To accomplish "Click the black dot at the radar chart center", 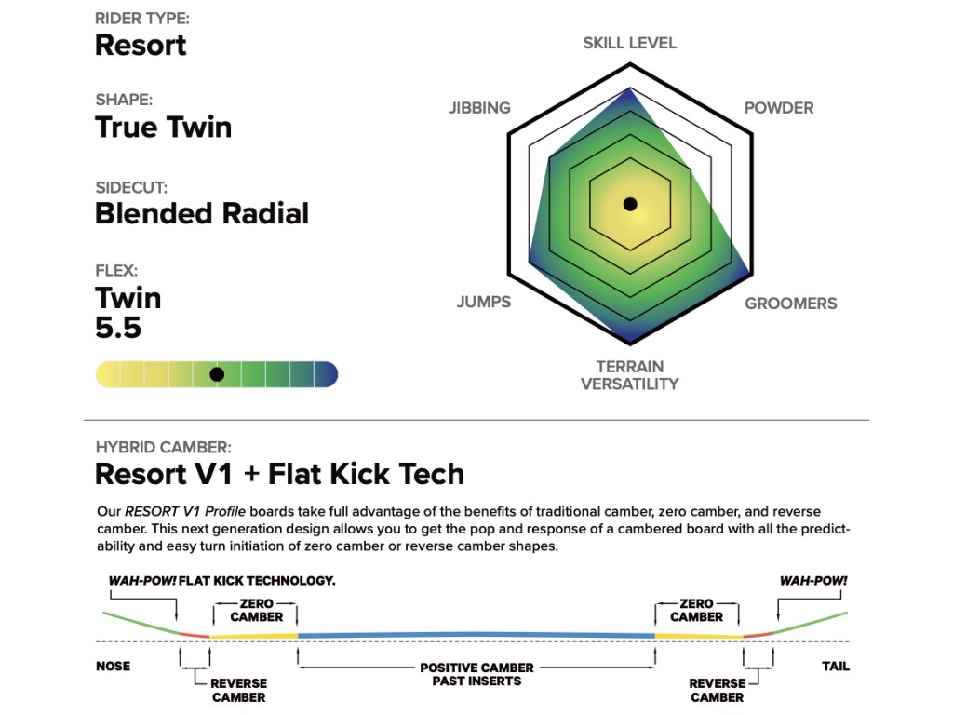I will [x=630, y=204].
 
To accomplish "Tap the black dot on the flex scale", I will [x=217, y=374].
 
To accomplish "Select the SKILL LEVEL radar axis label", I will [x=630, y=43].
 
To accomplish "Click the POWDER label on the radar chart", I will [x=779, y=108].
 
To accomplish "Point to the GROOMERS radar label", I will [x=790, y=304].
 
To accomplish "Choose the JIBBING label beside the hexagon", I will [x=479, y=108].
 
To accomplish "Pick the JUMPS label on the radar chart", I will [x=484, y=303].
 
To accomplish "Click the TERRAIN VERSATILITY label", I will [x=630, y=375].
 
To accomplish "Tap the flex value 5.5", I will [x=118, y=328].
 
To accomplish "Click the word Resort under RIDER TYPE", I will [x=141, y=45].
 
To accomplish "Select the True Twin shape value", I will [x=163, y=128].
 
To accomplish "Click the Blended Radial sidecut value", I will [x=202, y=213].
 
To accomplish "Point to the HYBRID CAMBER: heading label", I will [x=164, y=447].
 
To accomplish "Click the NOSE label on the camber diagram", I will [x=114, y=667].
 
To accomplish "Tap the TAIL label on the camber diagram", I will [x=835, y=667].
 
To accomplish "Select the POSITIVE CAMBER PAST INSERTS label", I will [x=476, y=675].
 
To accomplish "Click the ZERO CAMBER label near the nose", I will [x=256, y=610].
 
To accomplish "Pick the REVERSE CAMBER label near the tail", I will [x=717, y=690].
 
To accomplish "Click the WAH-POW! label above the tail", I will [x=813, y=580].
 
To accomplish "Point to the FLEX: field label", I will [x=116, y=272].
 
